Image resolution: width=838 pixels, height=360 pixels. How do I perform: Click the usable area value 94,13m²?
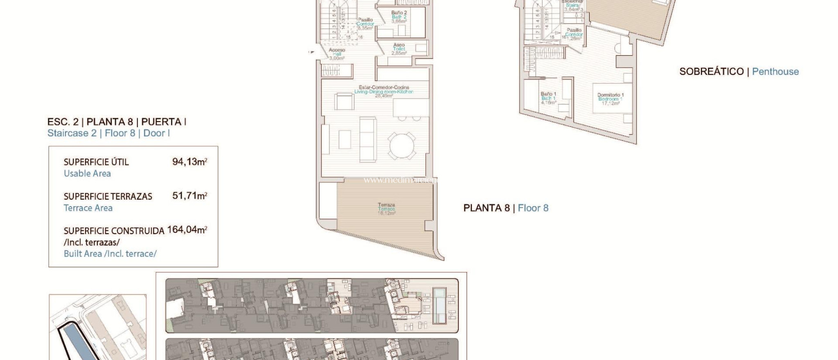tap(189, 162)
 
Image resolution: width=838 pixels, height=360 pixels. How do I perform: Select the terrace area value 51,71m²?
tap(189, 196)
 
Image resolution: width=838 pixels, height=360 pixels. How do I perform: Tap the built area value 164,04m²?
tap(187, 229)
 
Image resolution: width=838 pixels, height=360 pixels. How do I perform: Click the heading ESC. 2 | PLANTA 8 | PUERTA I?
tap(117, 122)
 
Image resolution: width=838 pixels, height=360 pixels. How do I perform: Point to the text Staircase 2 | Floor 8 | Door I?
tap(108, 133)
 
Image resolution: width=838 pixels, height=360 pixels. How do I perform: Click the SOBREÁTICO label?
tap(711, 72)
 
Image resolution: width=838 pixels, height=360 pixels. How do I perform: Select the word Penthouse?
tap(775, 72)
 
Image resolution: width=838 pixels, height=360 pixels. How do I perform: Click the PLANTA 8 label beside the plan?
tap(486, 208)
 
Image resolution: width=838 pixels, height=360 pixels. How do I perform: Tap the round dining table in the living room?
tap(401, 145)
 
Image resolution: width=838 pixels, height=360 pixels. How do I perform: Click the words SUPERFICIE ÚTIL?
tap(96, 162)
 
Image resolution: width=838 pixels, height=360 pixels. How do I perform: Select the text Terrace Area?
tap(88, 208)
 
